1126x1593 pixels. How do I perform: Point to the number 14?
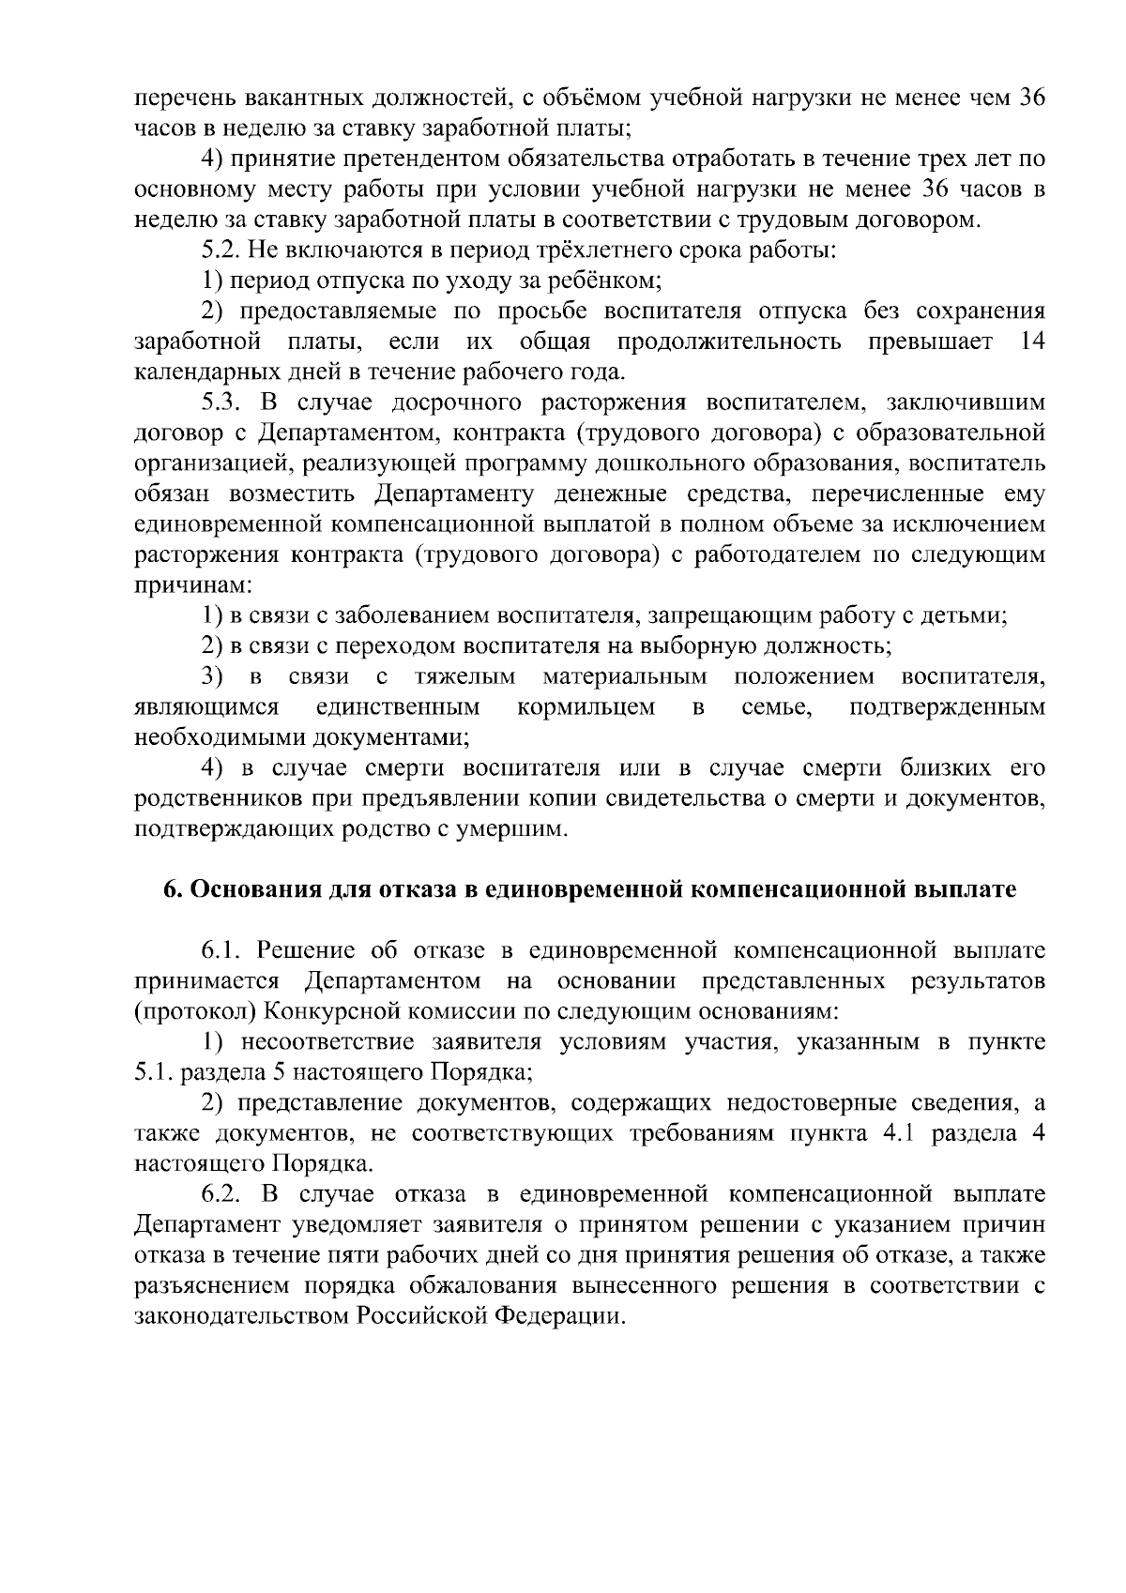pos(1031,341)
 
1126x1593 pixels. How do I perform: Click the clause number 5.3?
pos(221,402)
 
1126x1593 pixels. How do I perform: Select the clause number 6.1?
pos(221,950)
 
